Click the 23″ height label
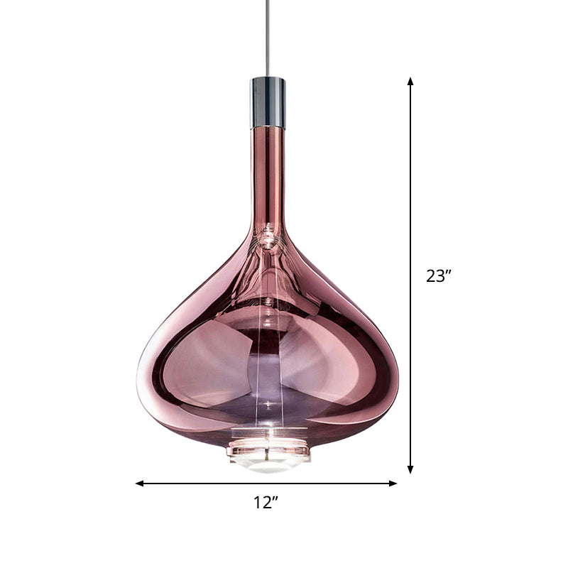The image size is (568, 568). [x=439, y=276]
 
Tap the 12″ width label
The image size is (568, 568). [x=266, y=503]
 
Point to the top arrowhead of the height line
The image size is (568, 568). [x=410, y=82]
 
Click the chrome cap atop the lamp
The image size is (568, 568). [x=268, y=102]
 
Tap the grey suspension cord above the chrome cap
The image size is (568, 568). [x=268, y=35]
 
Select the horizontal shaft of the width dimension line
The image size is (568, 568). [x=213, y=484]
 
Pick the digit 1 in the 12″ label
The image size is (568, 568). [x=258, y=503]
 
